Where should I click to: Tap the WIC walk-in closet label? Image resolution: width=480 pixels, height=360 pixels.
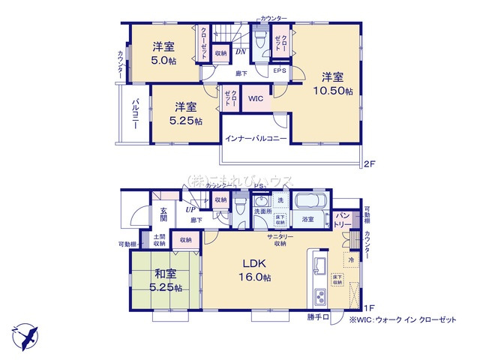[x=255, y=97]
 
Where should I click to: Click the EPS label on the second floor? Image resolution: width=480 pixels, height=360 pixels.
[x=279, y=71]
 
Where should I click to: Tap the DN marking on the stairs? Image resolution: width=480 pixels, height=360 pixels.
[x=240, y=52]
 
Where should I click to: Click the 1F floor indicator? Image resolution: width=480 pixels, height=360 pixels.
[x=368, y=308]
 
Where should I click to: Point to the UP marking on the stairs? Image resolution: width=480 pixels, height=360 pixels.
[x=191, y=210]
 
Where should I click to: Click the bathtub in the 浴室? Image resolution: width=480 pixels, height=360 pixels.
[x=307, y=203]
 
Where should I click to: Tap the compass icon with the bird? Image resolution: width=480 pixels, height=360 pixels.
[x=25, y=334]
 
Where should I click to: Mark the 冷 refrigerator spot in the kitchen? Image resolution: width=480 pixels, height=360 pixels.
[x=350, y=260]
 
